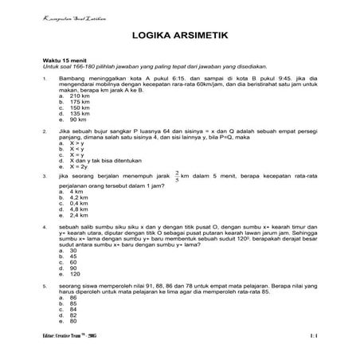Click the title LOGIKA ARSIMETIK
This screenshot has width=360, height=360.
tap(179, 37)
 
